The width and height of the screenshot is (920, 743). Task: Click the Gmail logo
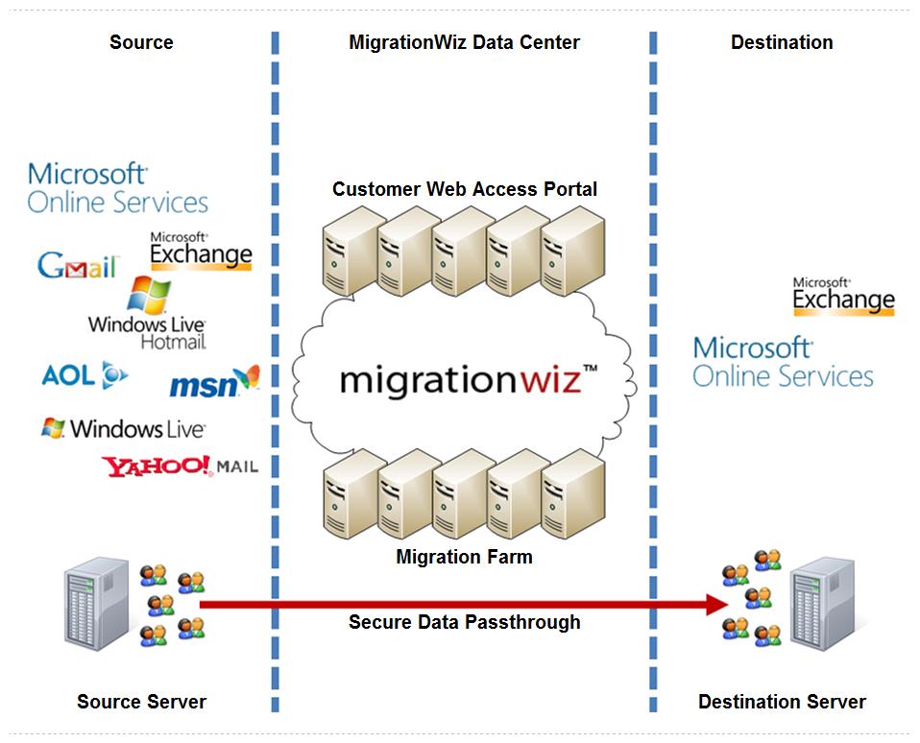(77, 265)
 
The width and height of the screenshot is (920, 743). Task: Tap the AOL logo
(85, 375)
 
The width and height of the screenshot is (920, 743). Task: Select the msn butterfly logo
(214, 383)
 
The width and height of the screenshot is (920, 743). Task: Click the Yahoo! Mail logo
(180, 467)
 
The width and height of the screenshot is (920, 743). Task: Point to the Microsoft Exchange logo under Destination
(843, 297)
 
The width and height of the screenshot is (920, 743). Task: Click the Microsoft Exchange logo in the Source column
(201, 251)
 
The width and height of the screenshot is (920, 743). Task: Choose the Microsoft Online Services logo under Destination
(783, 362)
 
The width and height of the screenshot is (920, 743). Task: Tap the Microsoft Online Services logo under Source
(117, 188)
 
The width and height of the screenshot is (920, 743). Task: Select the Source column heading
(141, 42)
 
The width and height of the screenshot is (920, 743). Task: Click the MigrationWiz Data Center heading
(464, 42)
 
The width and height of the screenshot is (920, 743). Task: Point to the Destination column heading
(782, 42)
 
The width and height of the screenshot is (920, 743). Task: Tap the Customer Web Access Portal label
(465, 189)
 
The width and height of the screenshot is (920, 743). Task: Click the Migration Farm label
(464, 557)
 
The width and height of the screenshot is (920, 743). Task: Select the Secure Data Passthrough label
(465, 622)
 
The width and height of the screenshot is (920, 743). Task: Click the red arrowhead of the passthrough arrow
(717, 604)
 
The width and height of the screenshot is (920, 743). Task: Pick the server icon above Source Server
(96, 606)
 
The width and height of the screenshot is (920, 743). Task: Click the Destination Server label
(782, 702)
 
